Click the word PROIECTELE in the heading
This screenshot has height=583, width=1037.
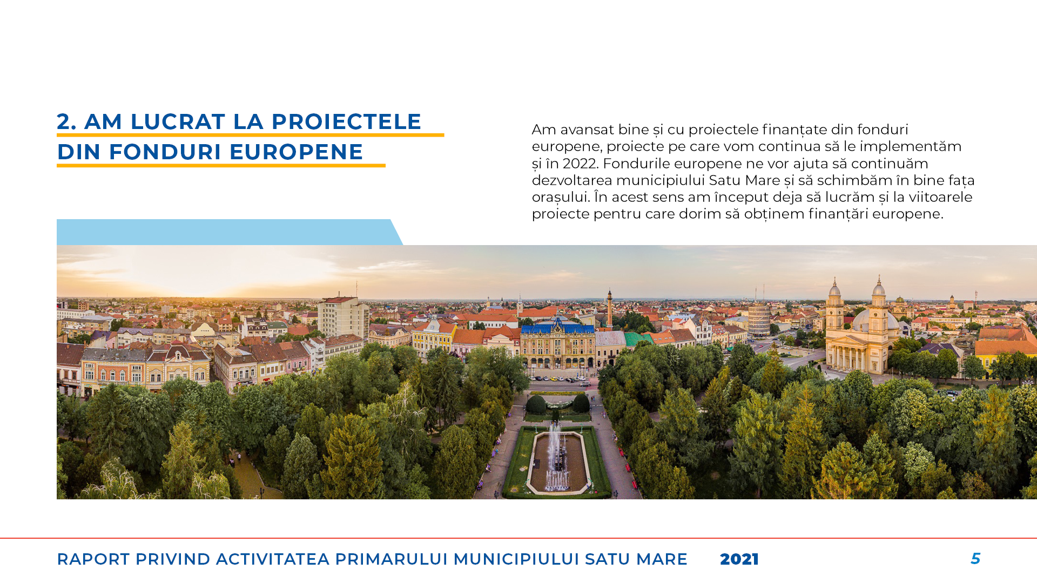tap(346, 121)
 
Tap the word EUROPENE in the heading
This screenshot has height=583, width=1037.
tap(297, 152)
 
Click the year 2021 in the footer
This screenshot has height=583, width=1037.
tap(739, 559)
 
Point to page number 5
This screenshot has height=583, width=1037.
tap(975, 559)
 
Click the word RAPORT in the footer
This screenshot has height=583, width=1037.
tap(93, 559)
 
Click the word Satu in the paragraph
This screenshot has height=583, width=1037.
tap(724, 180)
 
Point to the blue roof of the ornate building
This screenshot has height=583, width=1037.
tap(557, 327)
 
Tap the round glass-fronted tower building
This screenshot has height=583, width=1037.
tap(759, 319)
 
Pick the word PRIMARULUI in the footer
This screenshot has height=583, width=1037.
tap(392, 559)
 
